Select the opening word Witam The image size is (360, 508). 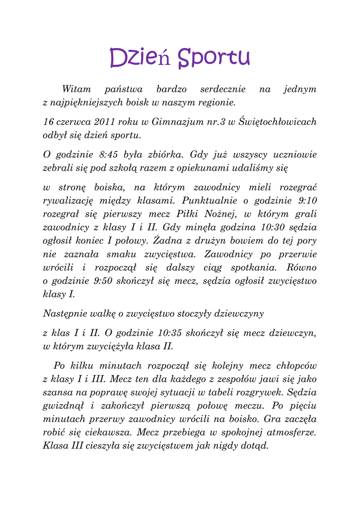[76, 90]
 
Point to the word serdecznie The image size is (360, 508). [222, 90]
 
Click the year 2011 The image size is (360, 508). [104, 122]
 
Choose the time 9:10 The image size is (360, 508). [305, 201]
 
